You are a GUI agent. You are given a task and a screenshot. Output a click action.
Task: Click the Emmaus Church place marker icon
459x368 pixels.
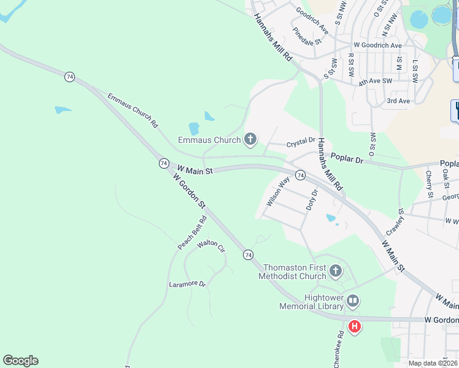tap(250, 140)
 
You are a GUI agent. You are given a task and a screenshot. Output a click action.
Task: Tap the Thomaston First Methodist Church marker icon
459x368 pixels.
tap(335, 270)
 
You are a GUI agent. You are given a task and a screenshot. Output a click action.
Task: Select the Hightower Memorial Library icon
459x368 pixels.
tap(353, 301)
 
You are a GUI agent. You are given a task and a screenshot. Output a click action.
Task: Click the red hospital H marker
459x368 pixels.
tap(354, 327)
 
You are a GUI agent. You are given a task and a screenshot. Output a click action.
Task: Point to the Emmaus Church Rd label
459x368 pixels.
tap(133, 110)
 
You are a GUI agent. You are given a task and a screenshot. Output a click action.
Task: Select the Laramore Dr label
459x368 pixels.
tap(187, 284)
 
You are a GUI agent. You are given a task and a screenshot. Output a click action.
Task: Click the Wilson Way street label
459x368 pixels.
tap(278, 191)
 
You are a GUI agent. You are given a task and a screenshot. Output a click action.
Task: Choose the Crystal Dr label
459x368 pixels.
tap(301, 143)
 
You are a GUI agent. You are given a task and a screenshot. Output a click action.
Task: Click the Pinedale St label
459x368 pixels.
tap(307, 37)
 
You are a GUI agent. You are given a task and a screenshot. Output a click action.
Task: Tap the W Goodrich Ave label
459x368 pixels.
tap(377, 45)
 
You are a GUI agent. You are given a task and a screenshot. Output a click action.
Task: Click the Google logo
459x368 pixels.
tap(20, 361)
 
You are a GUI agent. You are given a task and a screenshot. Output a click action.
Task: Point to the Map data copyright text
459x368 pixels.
tap(433, 363)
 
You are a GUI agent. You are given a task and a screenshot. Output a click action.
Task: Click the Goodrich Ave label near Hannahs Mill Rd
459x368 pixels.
tap(312, 21)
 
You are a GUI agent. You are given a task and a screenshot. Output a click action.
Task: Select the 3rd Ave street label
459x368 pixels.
tap(398, 101)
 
